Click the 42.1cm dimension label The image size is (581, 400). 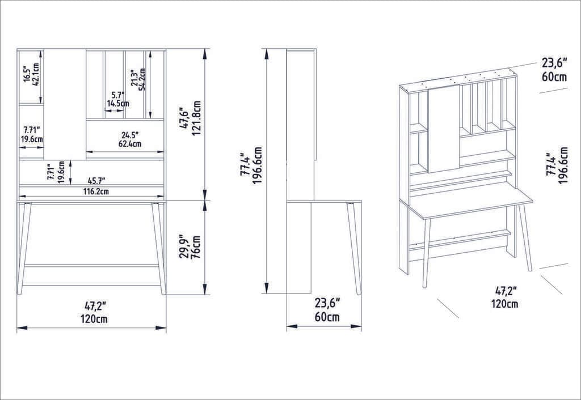[x=36, y=74]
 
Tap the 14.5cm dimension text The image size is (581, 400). [x=118, y=104]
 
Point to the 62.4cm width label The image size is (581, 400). [x=130, y=144]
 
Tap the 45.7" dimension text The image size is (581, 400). [x=96, y=181]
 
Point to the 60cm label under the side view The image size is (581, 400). [x=327, y=317]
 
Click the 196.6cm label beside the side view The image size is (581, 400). [x=258, y=168]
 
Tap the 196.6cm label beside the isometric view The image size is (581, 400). [x=563, y=165]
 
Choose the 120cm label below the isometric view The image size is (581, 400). [x=504, y=304]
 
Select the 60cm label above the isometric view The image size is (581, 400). [x=554, y=77]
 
